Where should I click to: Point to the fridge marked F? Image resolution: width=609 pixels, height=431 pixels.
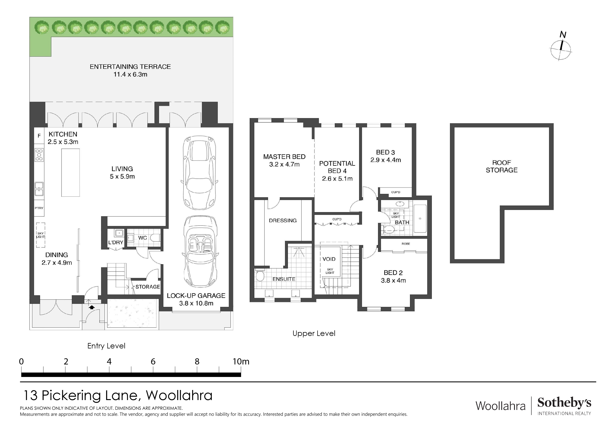coord(39,136)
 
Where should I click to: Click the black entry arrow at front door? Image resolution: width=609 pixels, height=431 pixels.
coord(92,307)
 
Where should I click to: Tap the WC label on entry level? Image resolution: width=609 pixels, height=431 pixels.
coord(142,238)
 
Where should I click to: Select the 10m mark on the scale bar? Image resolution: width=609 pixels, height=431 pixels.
coord(241,362)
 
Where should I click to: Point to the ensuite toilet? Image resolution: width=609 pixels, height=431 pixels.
coord(260,276)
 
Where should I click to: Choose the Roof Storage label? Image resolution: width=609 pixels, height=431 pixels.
coord(501,166)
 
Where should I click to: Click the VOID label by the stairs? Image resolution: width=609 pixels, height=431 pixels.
coord(329,259)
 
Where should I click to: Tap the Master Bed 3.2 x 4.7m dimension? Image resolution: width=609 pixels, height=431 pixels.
coord(284,164)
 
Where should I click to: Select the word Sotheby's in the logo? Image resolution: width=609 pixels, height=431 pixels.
coord(564,403)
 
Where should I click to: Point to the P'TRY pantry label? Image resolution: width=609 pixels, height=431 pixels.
coord(39,208)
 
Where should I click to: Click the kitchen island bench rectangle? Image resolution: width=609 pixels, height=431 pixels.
coord(70,173)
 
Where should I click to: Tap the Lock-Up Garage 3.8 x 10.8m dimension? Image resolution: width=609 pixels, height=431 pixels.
coord(196,303)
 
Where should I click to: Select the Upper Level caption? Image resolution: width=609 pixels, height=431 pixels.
coord(314,334)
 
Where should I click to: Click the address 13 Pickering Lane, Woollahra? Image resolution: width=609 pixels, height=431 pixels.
coord(118,395)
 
